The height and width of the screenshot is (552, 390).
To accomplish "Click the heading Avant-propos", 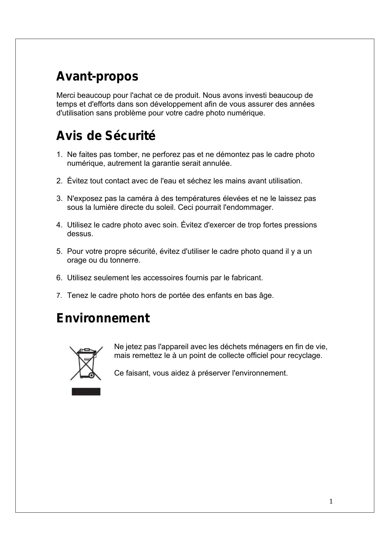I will coord(97,76).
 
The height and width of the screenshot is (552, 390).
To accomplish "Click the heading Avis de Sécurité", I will coord(106,136).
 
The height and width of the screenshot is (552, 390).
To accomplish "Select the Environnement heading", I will coord(103,318).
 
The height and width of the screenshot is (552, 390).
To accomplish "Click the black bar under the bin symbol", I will coord(86,392).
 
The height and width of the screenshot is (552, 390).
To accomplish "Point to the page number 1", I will coord(331,501).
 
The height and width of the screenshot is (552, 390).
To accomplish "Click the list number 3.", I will coord(59,199).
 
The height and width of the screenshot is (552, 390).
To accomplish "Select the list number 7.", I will coord(59,296).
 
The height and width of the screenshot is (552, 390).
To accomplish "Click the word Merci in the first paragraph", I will coord(66,95).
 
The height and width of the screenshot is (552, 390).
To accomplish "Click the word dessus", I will coord(80,234).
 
